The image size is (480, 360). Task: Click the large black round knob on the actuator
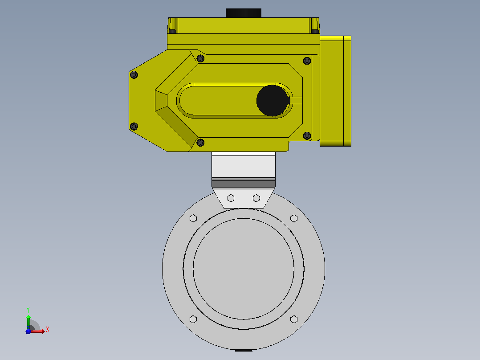tap(273, 101)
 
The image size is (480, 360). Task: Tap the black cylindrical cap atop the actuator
tap(244, 13)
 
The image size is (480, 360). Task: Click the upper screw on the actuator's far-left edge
tap(134, 74)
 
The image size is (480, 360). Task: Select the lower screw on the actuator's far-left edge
tap(134, 126)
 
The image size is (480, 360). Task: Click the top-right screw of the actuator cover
tap(307, 61)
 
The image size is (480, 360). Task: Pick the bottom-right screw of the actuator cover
tap(307, 135)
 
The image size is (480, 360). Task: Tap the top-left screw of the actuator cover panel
tap(200, 58)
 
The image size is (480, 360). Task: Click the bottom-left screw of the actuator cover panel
tap(200, 143)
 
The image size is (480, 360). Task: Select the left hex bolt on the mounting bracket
tap(231, 198)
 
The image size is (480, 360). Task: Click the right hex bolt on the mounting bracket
tap(256, 198)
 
